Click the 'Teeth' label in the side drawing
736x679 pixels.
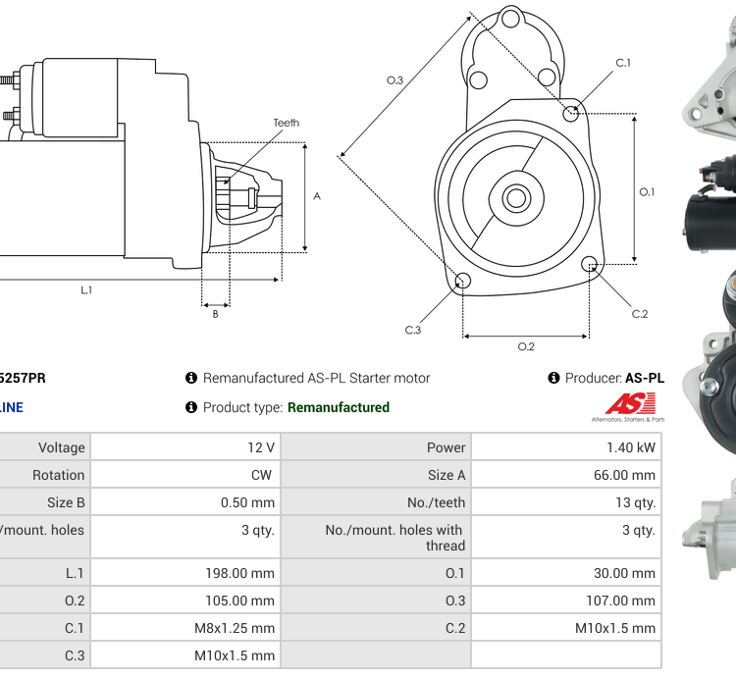pyautogui.click(x=286, y=123)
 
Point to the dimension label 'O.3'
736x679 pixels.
pyautogui.click(x=394, y=80)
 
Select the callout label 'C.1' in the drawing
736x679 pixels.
pyautogui.click(x=623, y=63)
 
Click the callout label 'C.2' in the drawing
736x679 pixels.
pyautogui.click(x=640, y=314)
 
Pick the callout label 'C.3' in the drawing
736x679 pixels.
pyautogui.click(x=413, y=330)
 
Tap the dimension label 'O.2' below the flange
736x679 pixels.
pyautogui.click(x=526, y=346)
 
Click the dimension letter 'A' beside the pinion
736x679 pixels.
pyautogui.click(x=317, y=196)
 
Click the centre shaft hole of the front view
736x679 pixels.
pyautogui.click(x=516, y=198)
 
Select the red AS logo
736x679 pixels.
pyautogui.click(x=630, y=403)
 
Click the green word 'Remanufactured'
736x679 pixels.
pyautogui.click(x=339, y=407)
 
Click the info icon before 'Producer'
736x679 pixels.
pyautogui.click(x=553, y=378)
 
